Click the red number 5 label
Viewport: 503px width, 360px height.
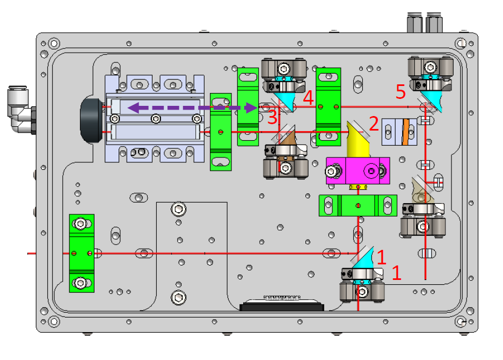click(400, 92)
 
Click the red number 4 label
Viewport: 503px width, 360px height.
click(308, 98)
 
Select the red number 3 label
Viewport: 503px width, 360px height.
click(272, 114)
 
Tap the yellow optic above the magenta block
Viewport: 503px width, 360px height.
click(357, 140)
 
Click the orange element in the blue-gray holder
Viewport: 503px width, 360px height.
click(406, 132)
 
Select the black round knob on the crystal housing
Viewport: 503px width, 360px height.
click(91, 120)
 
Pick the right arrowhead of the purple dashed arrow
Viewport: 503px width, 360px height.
click(251, 108)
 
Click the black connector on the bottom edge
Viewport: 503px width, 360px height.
click(282, 307)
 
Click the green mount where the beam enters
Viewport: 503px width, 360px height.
click(82, 253)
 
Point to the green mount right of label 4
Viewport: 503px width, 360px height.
click(329, 106)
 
